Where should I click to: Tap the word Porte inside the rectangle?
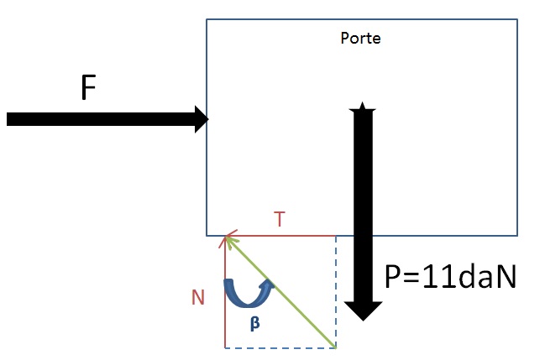(361, 39)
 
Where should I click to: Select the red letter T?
(280, 219)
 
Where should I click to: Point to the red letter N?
(198, 297)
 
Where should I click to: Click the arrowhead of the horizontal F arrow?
(201, 118)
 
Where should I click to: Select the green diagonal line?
(281, 292)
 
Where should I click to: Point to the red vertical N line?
(225, 302)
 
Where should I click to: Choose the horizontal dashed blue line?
(280, 347)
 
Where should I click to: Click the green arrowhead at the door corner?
(228, 240)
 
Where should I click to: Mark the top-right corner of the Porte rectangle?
(516, 20)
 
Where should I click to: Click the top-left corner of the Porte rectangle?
(207, 20)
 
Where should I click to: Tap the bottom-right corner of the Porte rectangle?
(516, 234)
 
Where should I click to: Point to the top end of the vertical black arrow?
(362, 106)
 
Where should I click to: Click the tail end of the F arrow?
(8, 118)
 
